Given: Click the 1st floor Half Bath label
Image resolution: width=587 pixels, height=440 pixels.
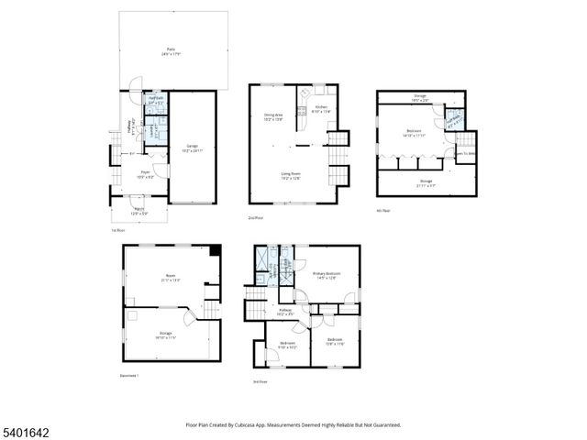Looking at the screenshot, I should click(156, 100).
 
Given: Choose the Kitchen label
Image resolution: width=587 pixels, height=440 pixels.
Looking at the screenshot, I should click(321, 109).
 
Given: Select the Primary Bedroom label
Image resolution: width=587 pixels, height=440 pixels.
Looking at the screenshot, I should click(327, 274).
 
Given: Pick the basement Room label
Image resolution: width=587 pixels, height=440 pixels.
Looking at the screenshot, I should click(170, 278).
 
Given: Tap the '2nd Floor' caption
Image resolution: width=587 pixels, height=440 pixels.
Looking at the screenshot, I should click(256, 217).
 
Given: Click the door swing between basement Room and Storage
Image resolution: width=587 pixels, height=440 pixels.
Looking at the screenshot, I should click(189, 318).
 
